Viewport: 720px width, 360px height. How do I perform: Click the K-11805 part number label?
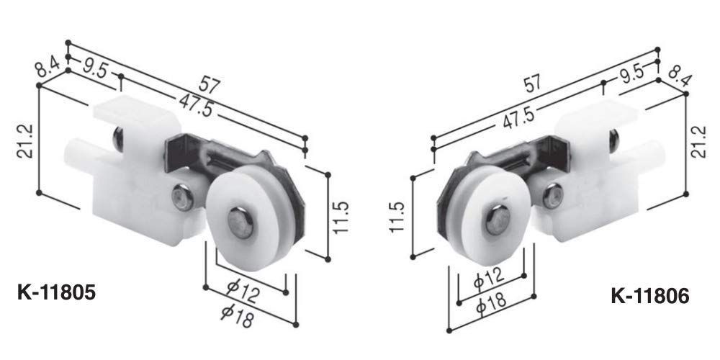point(56,292)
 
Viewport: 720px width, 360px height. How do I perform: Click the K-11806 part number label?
point(649,296)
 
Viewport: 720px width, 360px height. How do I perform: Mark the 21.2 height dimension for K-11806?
point(701,141)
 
